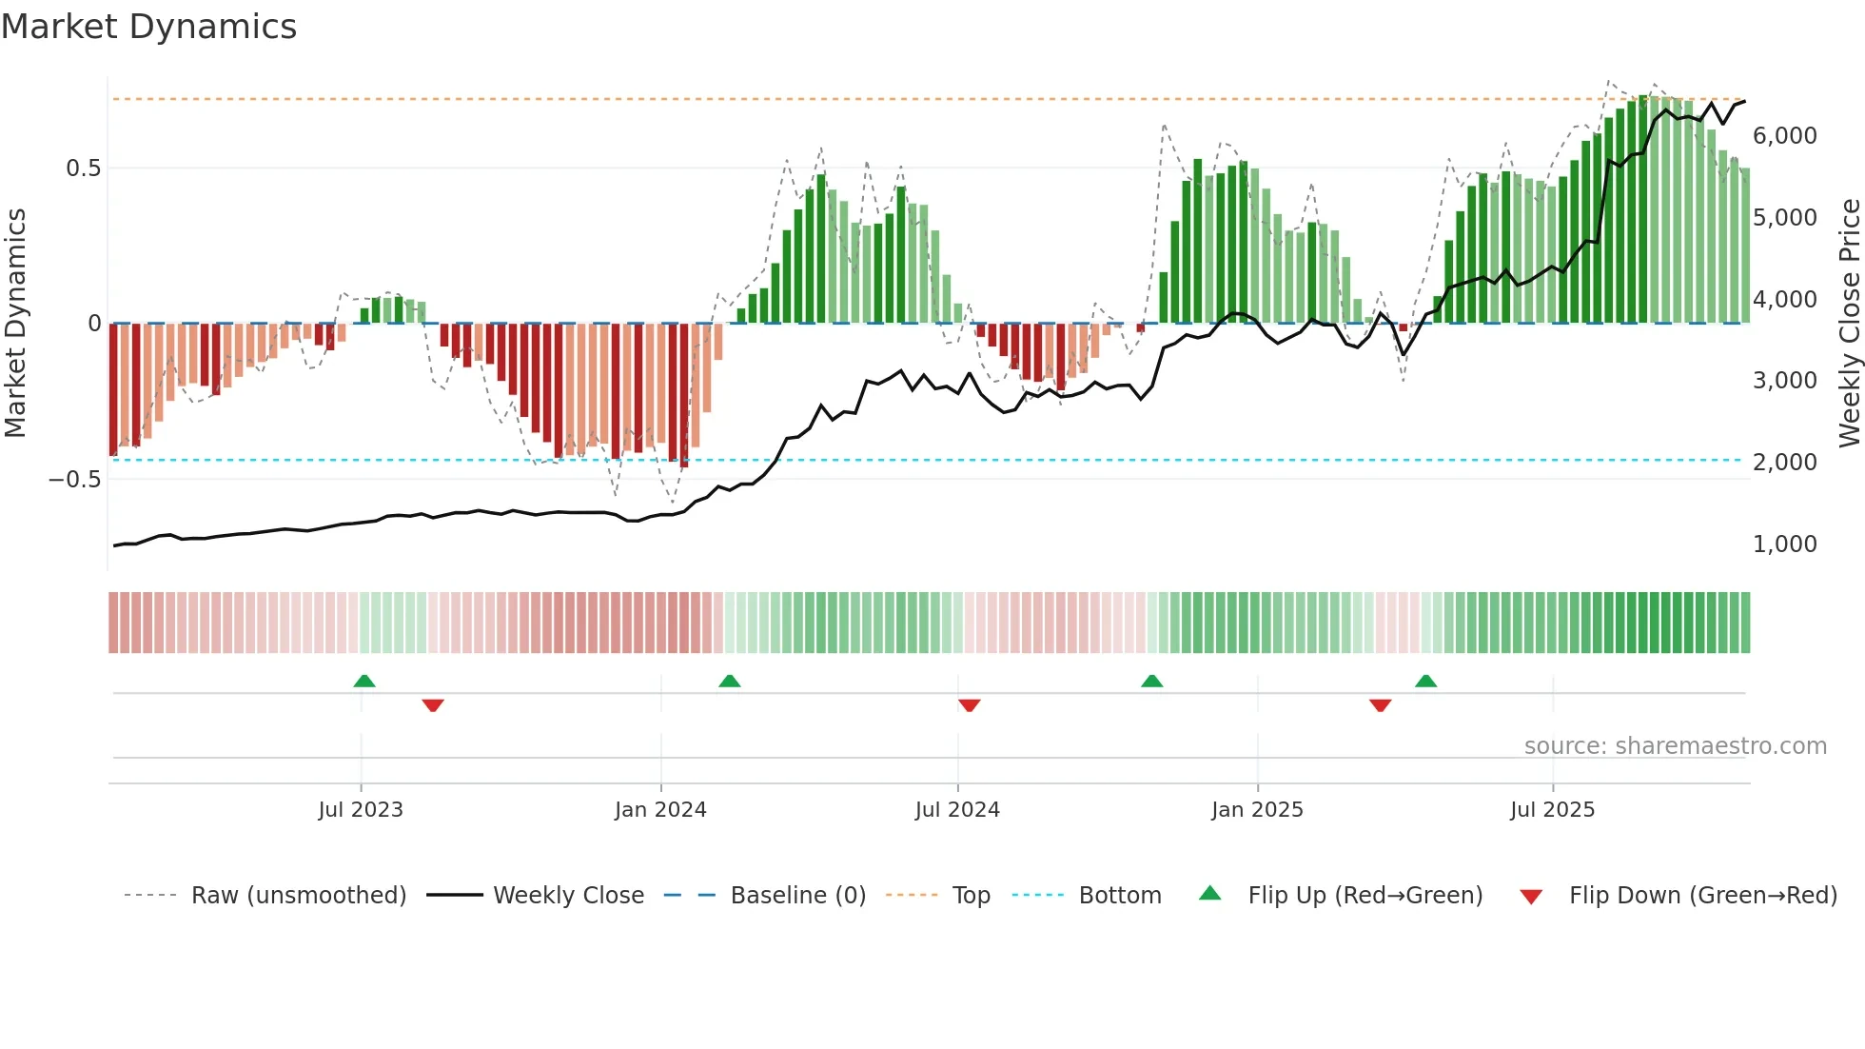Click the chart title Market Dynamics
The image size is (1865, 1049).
[149, 27]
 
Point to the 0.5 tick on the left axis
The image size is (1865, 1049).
[83, 168]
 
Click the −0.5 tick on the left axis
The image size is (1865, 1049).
[74, 479]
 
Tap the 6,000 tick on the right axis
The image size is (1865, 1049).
[1784, 136]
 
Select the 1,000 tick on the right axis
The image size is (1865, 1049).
[1784, 544]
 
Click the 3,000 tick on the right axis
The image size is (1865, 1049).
[1784, 381]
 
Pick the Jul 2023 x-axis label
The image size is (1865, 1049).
[361, 810]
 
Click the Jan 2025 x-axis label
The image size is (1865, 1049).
[1257, 810]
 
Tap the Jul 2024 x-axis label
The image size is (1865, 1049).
[957, 810]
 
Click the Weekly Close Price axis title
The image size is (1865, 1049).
[1849, 324]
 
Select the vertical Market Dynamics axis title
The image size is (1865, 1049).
[16, 324]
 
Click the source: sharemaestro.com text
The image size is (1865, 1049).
[1675, 746]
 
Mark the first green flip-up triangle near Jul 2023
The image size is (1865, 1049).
[364, 681]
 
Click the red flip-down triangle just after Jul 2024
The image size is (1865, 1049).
[970, 705]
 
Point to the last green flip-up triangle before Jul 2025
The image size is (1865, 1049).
[1425, 681]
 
